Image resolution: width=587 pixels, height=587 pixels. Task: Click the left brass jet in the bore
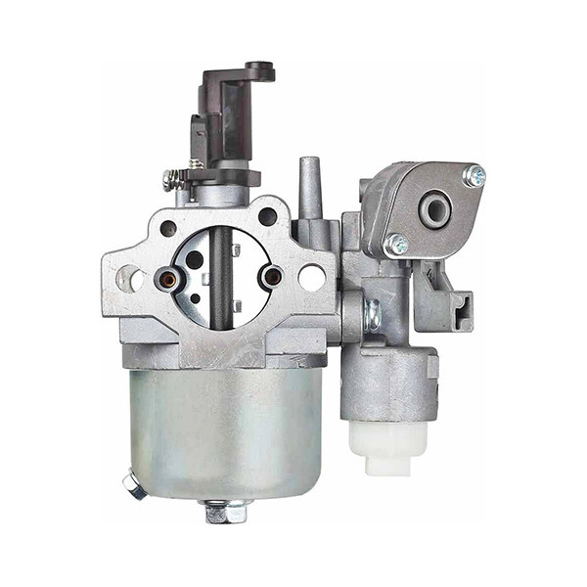(x=168, y=281)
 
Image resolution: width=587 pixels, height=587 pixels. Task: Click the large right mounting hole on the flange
(x=311, y=278)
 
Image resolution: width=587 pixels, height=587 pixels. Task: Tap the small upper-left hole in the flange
(x=168, y=227)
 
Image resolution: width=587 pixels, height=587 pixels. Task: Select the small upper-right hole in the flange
(x=266, y=217)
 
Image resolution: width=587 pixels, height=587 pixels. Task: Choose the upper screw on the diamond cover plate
(x=474, y=176)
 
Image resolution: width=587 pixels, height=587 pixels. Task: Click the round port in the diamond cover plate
(x=434, y=208)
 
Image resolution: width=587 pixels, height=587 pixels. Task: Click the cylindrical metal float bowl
(x=225, y=430)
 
